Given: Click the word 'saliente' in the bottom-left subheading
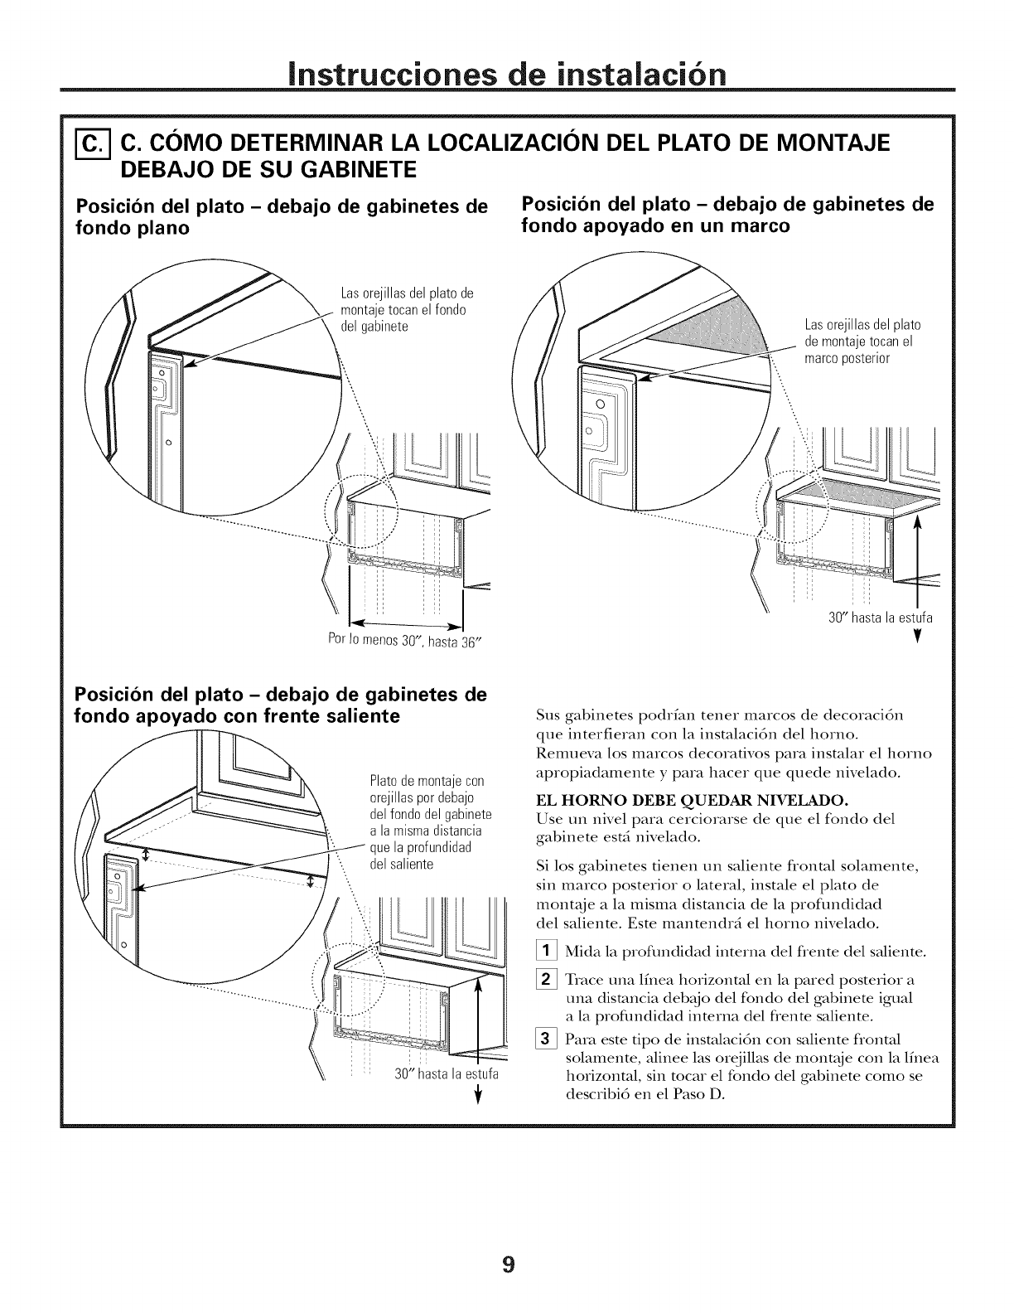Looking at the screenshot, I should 360,715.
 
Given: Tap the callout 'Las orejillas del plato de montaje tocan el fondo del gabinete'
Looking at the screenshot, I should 406,309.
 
